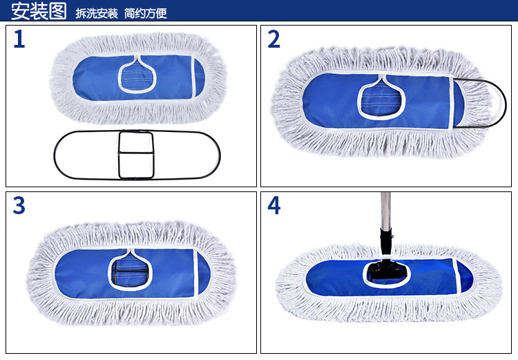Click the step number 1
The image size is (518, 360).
(19, 40)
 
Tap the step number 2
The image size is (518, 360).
(274, 40)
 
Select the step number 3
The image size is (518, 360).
(19, 205)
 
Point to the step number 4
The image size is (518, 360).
(274, 205)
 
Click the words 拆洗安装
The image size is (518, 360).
(97, 13)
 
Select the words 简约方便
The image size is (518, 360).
(146, 13)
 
